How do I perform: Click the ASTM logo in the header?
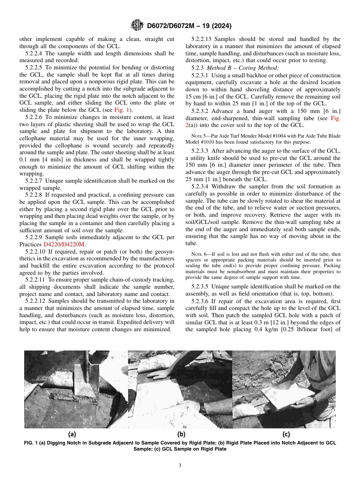136,26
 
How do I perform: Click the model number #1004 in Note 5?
268,136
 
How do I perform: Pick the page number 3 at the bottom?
180,466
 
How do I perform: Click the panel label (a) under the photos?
72,435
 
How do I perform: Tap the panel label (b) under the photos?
181,435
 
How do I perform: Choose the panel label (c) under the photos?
286,435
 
